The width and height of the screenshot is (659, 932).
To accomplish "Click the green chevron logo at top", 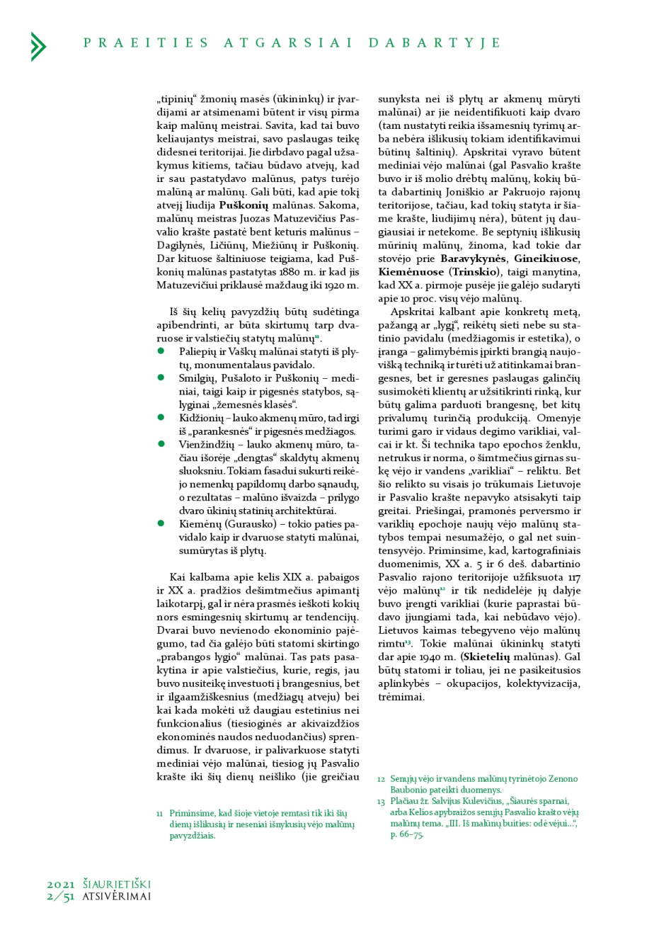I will click(x=38, y=46).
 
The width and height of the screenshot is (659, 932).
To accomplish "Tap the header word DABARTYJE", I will click(x=435, y=43).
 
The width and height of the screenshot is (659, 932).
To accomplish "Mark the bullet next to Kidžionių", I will click(x=161, y=418).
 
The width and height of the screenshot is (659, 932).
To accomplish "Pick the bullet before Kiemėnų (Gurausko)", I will click(x=161, y=524).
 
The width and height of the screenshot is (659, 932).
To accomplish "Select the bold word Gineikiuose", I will click(x=546, y=258).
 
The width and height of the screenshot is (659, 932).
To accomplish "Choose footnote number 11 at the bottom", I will click(x=160, y=814).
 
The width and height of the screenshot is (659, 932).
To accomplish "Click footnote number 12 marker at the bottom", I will click(x=381, y=779).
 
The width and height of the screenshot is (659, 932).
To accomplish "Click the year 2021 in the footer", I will click(x=61, y=885).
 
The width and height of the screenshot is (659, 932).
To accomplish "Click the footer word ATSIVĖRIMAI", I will click(x=117, y=897).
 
